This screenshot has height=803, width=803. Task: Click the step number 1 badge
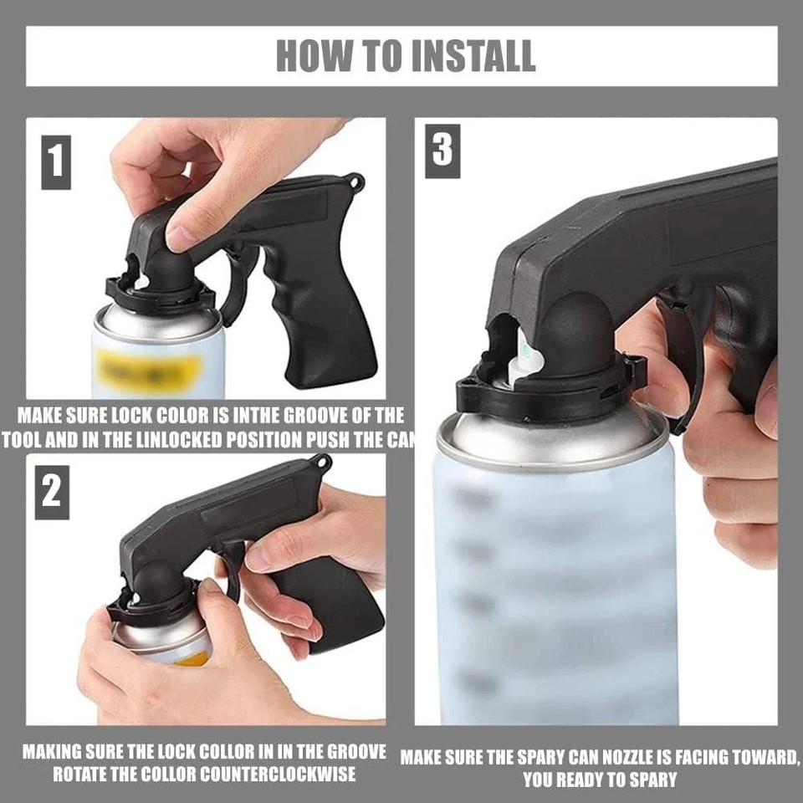point(56,160)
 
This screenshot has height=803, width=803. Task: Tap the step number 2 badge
point(52,491)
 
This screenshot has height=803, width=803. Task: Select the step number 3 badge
point(442,151)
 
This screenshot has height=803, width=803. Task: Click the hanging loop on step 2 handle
point(320,462)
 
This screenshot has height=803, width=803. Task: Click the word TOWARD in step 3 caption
point(756,758)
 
